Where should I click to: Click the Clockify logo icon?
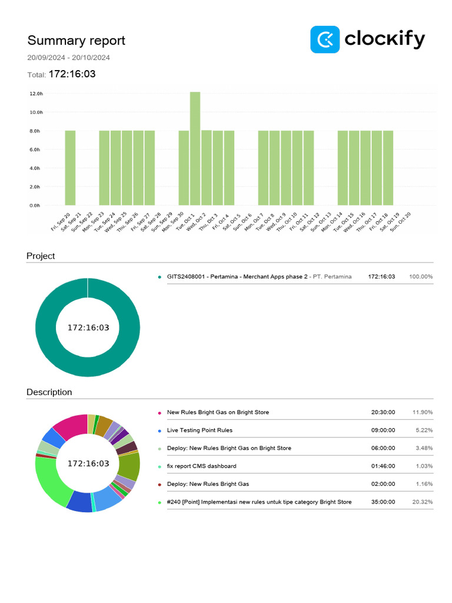point(325,39)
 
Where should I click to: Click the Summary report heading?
point(76,41)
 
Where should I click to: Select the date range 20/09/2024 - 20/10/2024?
point(68,58)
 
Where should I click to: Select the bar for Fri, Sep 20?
point(70,168)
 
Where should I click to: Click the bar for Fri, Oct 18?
point(388,168)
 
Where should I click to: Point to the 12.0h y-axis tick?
point(36,94)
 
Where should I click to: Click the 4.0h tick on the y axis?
point(36,168)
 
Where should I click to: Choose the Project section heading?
point(41,256)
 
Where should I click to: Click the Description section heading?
point(49,392)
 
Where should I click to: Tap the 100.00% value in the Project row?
point(421,277)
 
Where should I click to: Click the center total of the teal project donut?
point(88,327)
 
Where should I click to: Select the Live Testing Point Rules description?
point(200,430)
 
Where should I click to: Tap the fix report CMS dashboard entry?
point(201,466)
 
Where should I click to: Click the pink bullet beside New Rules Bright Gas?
point(159,413)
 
